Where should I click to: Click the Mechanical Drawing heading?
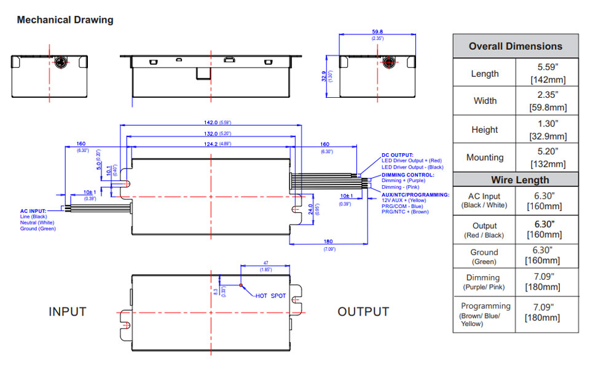coord(65,20)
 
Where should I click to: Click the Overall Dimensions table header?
coord(515,46)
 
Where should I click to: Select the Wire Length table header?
coord(515,180)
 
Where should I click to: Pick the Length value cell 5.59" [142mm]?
coord(546,73)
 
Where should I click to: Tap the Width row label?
coord(484,101)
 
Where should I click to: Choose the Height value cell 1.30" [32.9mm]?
coord(546,130)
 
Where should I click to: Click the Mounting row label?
coord(484,157)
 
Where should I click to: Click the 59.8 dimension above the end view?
coord(377,31)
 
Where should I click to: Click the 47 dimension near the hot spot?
coord(265,263)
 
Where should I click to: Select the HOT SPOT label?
coord(270,296)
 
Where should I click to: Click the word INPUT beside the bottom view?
coord(68,312)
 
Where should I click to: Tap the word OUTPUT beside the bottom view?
coord(363,312)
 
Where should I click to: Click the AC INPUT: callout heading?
coord(33,211)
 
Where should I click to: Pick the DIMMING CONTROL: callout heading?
coord(407,175)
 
